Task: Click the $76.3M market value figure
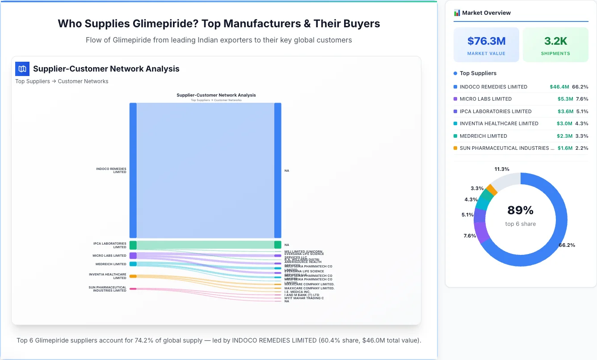486,41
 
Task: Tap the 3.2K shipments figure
555,41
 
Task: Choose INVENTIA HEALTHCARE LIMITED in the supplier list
499,123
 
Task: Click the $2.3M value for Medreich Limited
565,136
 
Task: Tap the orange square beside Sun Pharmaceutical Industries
455,148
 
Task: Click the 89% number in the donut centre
520,210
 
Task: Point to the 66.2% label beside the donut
567,245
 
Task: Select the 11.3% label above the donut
502,169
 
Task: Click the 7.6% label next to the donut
470,236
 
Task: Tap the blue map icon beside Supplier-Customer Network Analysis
22,69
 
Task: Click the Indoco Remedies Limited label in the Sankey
111,170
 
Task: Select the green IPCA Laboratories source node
133,245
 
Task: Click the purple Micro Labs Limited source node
133,256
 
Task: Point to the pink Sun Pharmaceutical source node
133,289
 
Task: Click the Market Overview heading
486,13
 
